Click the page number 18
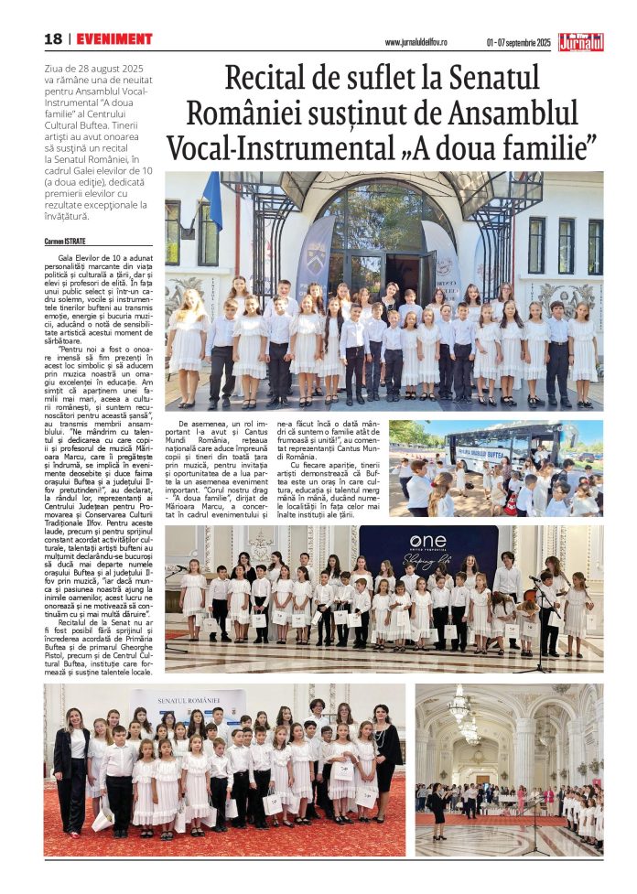click(x=53, y=39)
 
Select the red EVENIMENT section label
click(x=114, y=39)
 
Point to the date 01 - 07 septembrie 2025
click(x=518, y=42)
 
